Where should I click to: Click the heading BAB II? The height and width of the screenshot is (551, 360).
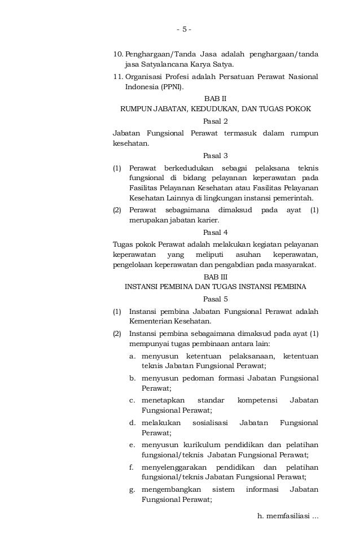(x=216, y=98)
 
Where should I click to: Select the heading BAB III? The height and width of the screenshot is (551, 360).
(x=216, y=276)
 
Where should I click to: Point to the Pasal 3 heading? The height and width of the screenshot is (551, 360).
(x=215, y=156)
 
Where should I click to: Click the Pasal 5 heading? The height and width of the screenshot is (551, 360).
(x=215, y=299)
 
